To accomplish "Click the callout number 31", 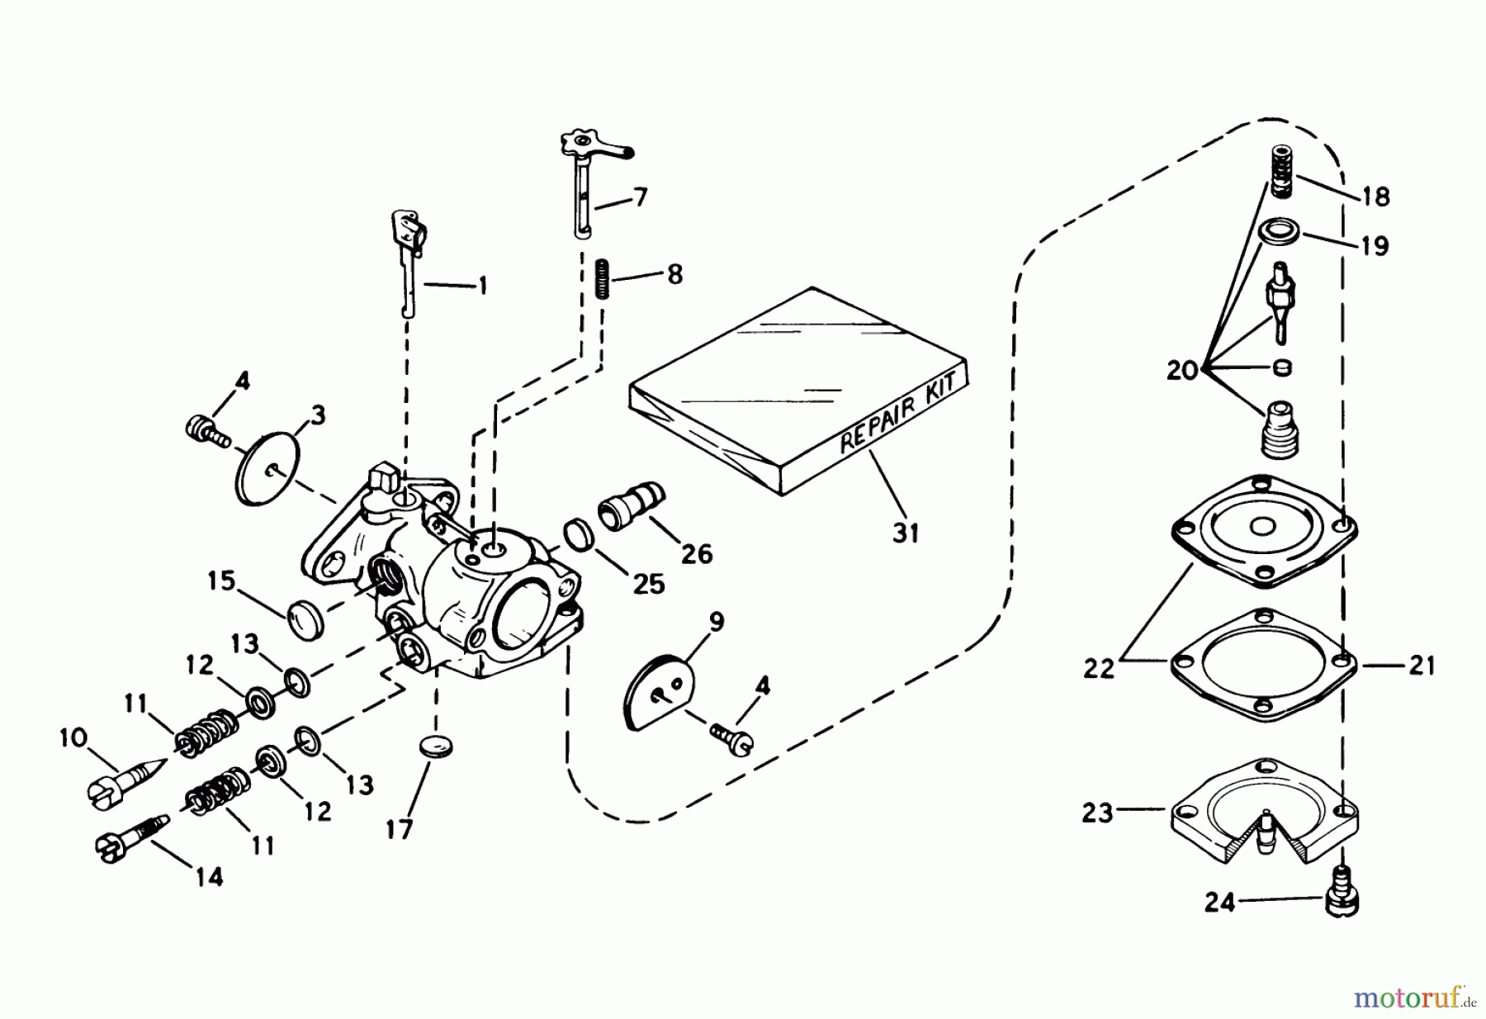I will [x=906, y=533].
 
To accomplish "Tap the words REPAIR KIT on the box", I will [x=900, y=413].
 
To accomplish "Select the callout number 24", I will [x=1219, y=903].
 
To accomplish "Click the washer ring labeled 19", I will [x=1280, y=231].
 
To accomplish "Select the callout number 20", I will [x=1182, y=370].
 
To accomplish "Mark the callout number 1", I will [x=482, y=287].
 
